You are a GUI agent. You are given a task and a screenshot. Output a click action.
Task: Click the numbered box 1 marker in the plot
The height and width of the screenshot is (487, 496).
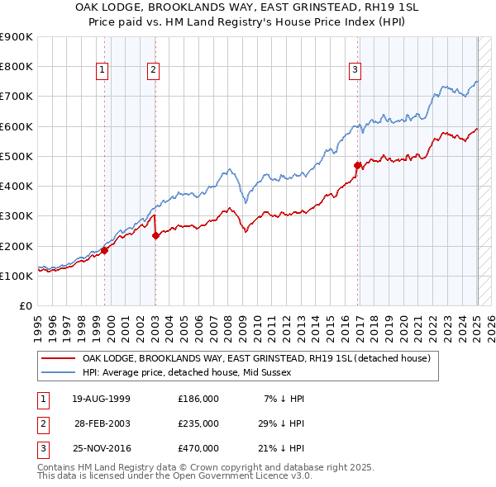click(x=102, y=71)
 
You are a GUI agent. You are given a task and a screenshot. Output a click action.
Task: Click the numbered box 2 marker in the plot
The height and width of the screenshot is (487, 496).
click(x=154, y=71)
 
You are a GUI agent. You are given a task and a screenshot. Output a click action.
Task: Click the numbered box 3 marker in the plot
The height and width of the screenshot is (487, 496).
click(x=355, y=71)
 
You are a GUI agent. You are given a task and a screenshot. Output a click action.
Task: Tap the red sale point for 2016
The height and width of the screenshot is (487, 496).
click(x=358, y=165)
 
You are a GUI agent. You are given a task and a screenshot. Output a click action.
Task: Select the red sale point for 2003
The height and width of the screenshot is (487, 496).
click(x=155, y=235)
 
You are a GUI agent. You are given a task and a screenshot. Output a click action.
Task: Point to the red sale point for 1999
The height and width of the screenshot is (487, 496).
click(x=105, y=250)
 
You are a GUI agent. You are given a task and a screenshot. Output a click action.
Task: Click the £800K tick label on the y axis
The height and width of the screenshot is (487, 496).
click(x=17, y=67)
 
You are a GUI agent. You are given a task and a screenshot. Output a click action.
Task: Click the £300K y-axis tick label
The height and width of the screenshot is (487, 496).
click(x=17, y=216)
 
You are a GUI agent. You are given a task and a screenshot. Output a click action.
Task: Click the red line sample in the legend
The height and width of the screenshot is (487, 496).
click(x=58, y=359)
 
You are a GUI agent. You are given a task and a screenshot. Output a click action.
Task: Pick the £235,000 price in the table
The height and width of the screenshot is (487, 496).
click(x=198, y=423)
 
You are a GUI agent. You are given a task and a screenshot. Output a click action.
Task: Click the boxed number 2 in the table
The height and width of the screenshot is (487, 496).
click(x=41, y=423)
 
